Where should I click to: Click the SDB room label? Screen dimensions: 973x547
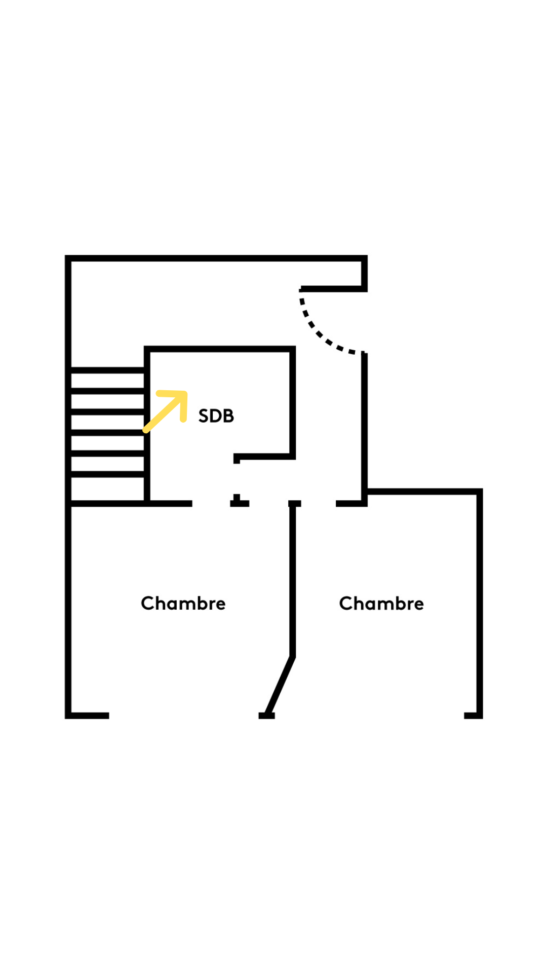216,416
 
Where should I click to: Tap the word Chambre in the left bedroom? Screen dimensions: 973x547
183,604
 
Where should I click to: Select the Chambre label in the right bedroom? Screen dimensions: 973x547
381,604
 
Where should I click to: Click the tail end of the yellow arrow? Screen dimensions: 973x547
146,430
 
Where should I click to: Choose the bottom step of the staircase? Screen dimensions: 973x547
107,489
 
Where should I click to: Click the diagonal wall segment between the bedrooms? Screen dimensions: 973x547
280,685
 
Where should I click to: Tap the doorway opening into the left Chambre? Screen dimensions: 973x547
211,503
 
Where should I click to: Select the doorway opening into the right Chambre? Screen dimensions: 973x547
318,503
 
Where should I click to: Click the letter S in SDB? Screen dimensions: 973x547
204,416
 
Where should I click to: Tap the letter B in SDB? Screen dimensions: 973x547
228,416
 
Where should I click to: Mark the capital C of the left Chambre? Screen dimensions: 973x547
147,604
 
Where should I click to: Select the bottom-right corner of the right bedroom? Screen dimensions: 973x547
480,715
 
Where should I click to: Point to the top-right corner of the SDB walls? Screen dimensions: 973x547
292,349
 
